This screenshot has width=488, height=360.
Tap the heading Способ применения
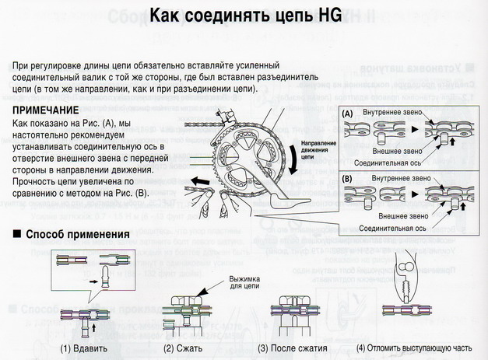76,233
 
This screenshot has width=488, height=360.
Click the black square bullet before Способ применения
16,233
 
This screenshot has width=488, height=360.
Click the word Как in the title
167,16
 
